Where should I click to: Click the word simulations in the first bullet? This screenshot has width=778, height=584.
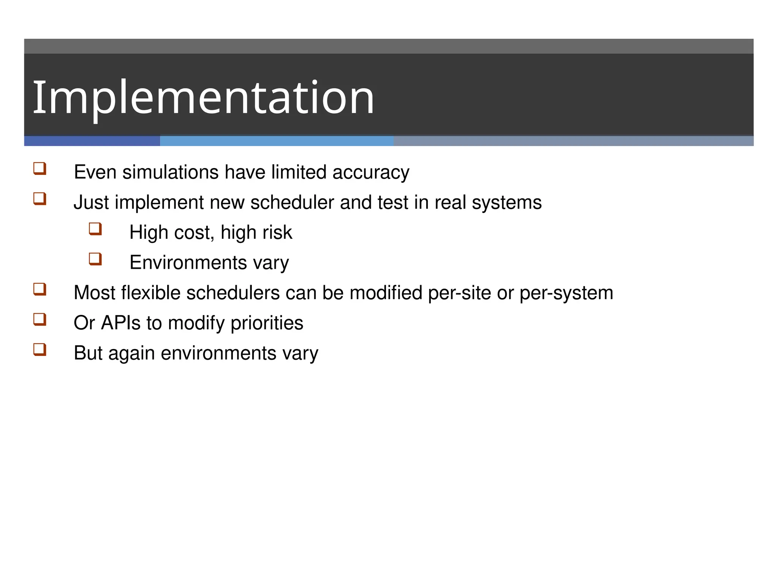pyautogui.click(x=171, y=172)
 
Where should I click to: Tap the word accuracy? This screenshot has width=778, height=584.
pyautogui.click(x=371, y=172)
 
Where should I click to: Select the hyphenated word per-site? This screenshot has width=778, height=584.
pyautogui.click(x=459, y=293)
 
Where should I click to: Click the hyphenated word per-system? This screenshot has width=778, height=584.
pyautogui.click(x=566, y=293)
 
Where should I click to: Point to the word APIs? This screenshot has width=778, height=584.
pyautogui.click(x=120, y=323)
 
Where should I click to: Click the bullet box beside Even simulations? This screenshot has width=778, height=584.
pyautogui.click(x=40, y=168)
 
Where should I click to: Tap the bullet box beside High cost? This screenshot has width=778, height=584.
pyautogui.click(x=95, y=229)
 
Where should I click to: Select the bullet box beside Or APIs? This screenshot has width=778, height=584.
pyautogui.click(x=40, y=319)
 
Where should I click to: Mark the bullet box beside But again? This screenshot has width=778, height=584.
pyautogui.click(x=40, y=349)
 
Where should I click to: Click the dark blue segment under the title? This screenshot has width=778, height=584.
pyautogui.click(x=92, y=141)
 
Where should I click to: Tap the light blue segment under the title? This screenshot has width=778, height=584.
pyautogui.click(x=277, y=141)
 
